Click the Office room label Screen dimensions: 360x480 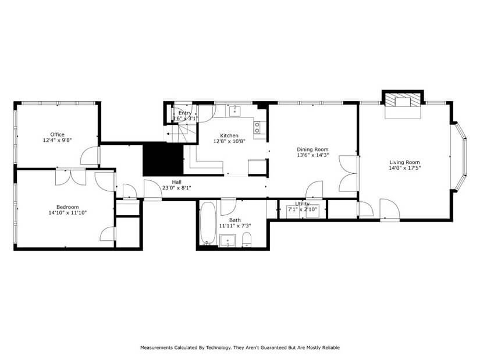[x=57, y=134]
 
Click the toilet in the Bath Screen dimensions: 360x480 [x=246, y=238]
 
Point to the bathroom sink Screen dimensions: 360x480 [x=227, y=239]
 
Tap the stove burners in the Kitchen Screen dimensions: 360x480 [x=257, y=127]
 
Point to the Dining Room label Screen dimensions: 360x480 [x=312, y=149]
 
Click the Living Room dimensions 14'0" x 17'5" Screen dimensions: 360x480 [x=404, y=168]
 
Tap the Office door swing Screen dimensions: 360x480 [x=89, y=155]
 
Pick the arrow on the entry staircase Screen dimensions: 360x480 [x=171, y=134]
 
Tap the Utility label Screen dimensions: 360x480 [x=302, y=204]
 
